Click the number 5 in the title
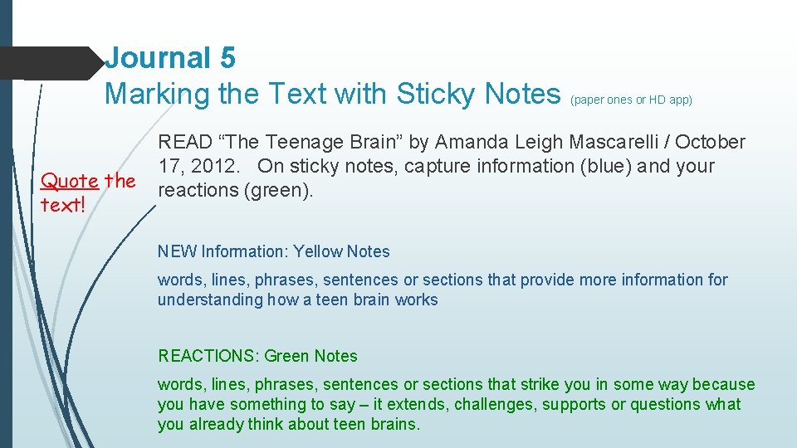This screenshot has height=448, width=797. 227,57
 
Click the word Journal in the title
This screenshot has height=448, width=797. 158,57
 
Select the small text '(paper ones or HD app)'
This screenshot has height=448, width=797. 631,100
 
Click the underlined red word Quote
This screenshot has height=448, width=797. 70,181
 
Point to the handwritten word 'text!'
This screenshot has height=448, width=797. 63,205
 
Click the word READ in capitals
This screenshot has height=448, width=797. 187,143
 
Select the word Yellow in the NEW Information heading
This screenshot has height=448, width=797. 320,251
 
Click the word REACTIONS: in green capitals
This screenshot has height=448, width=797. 208,356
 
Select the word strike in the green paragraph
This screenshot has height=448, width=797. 540,384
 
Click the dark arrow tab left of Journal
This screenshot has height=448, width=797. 50,63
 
